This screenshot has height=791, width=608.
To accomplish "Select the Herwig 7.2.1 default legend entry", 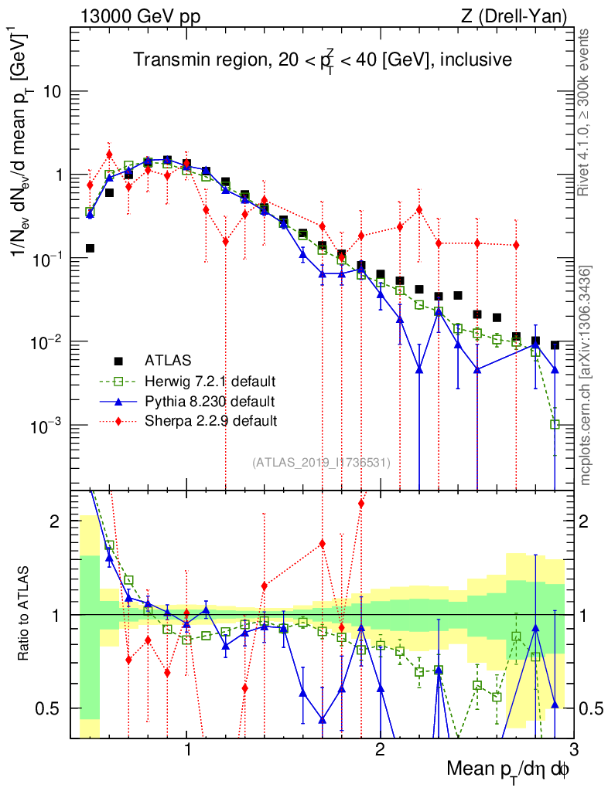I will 210,381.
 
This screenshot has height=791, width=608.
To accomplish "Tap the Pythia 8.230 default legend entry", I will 209,401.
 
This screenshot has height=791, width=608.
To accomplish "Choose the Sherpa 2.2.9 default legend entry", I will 210,421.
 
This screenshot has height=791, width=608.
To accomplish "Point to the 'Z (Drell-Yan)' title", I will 521,15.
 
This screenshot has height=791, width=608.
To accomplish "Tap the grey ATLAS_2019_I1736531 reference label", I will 321,462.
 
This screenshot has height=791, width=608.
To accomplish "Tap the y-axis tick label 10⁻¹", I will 48,258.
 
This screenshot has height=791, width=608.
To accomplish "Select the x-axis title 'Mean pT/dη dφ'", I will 510,770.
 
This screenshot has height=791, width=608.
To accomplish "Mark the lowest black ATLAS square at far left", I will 90,248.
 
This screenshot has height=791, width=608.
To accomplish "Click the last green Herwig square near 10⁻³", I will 554,424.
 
